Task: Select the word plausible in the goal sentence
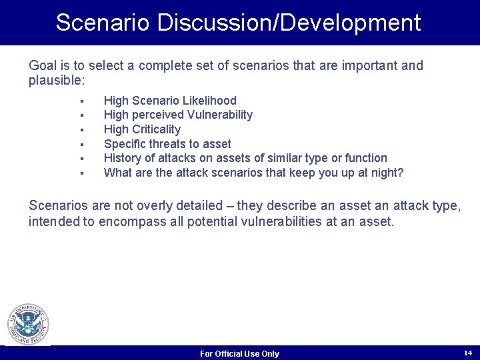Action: tap(55, 81)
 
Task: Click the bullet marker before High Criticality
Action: tap(80, 129)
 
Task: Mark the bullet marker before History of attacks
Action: tap(80, 159)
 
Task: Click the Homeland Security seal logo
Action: tap(28, 325)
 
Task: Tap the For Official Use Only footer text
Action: tap(239, 353)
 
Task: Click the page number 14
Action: tap(467, 352)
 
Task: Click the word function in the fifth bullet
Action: tap(365, 158)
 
